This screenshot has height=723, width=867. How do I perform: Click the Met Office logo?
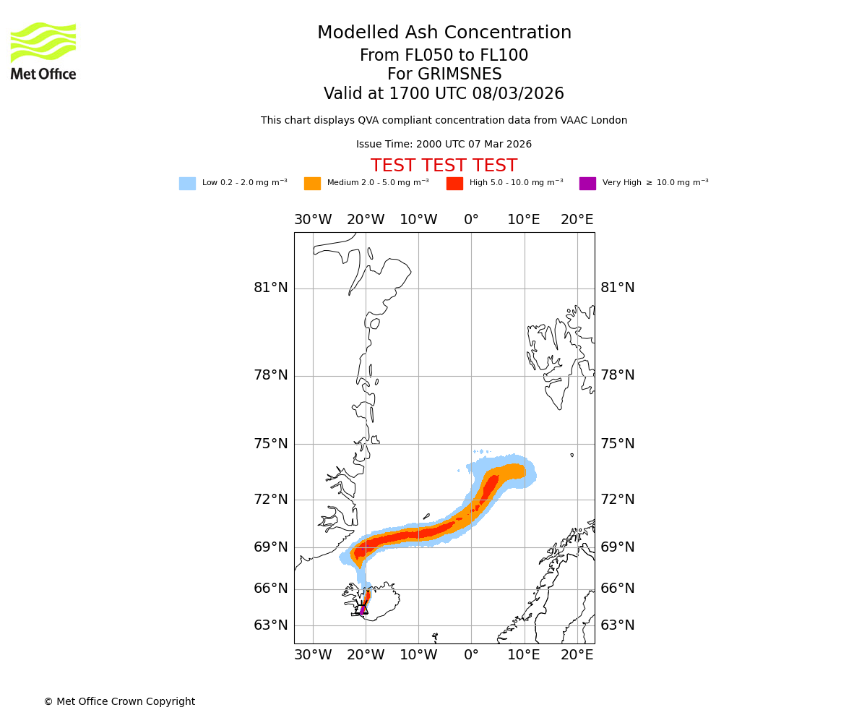click(43, 51)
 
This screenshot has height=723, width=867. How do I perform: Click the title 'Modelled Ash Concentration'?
click(444, 33)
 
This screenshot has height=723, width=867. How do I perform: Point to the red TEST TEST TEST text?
click(444, 166)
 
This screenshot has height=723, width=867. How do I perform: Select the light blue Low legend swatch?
click(187, 183)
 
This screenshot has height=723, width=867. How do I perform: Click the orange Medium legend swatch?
click(312, 183)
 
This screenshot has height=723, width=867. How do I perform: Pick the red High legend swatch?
click(454, 183)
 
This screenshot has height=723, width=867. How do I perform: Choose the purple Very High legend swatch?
click(587, 183)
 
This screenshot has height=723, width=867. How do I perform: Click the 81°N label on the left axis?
click(271, 288)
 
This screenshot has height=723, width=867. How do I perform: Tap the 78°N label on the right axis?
click(618, 375)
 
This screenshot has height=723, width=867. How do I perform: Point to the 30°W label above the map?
click(313, 220)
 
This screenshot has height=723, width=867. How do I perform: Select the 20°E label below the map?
click(577, 655)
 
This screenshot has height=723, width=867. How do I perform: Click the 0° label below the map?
click(471, 655)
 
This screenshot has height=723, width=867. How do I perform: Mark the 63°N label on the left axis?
click(271, 625)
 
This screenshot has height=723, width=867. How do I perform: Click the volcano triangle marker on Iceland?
click(363, 609)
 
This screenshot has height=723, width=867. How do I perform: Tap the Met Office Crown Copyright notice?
click(119, 701)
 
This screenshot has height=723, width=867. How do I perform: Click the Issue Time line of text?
click(444, 144)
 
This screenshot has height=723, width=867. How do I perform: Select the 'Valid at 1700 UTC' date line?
click(444, 93)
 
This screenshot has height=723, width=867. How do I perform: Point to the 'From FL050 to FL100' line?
click(444, 56)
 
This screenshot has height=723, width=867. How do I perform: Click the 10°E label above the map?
click(524, 220)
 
